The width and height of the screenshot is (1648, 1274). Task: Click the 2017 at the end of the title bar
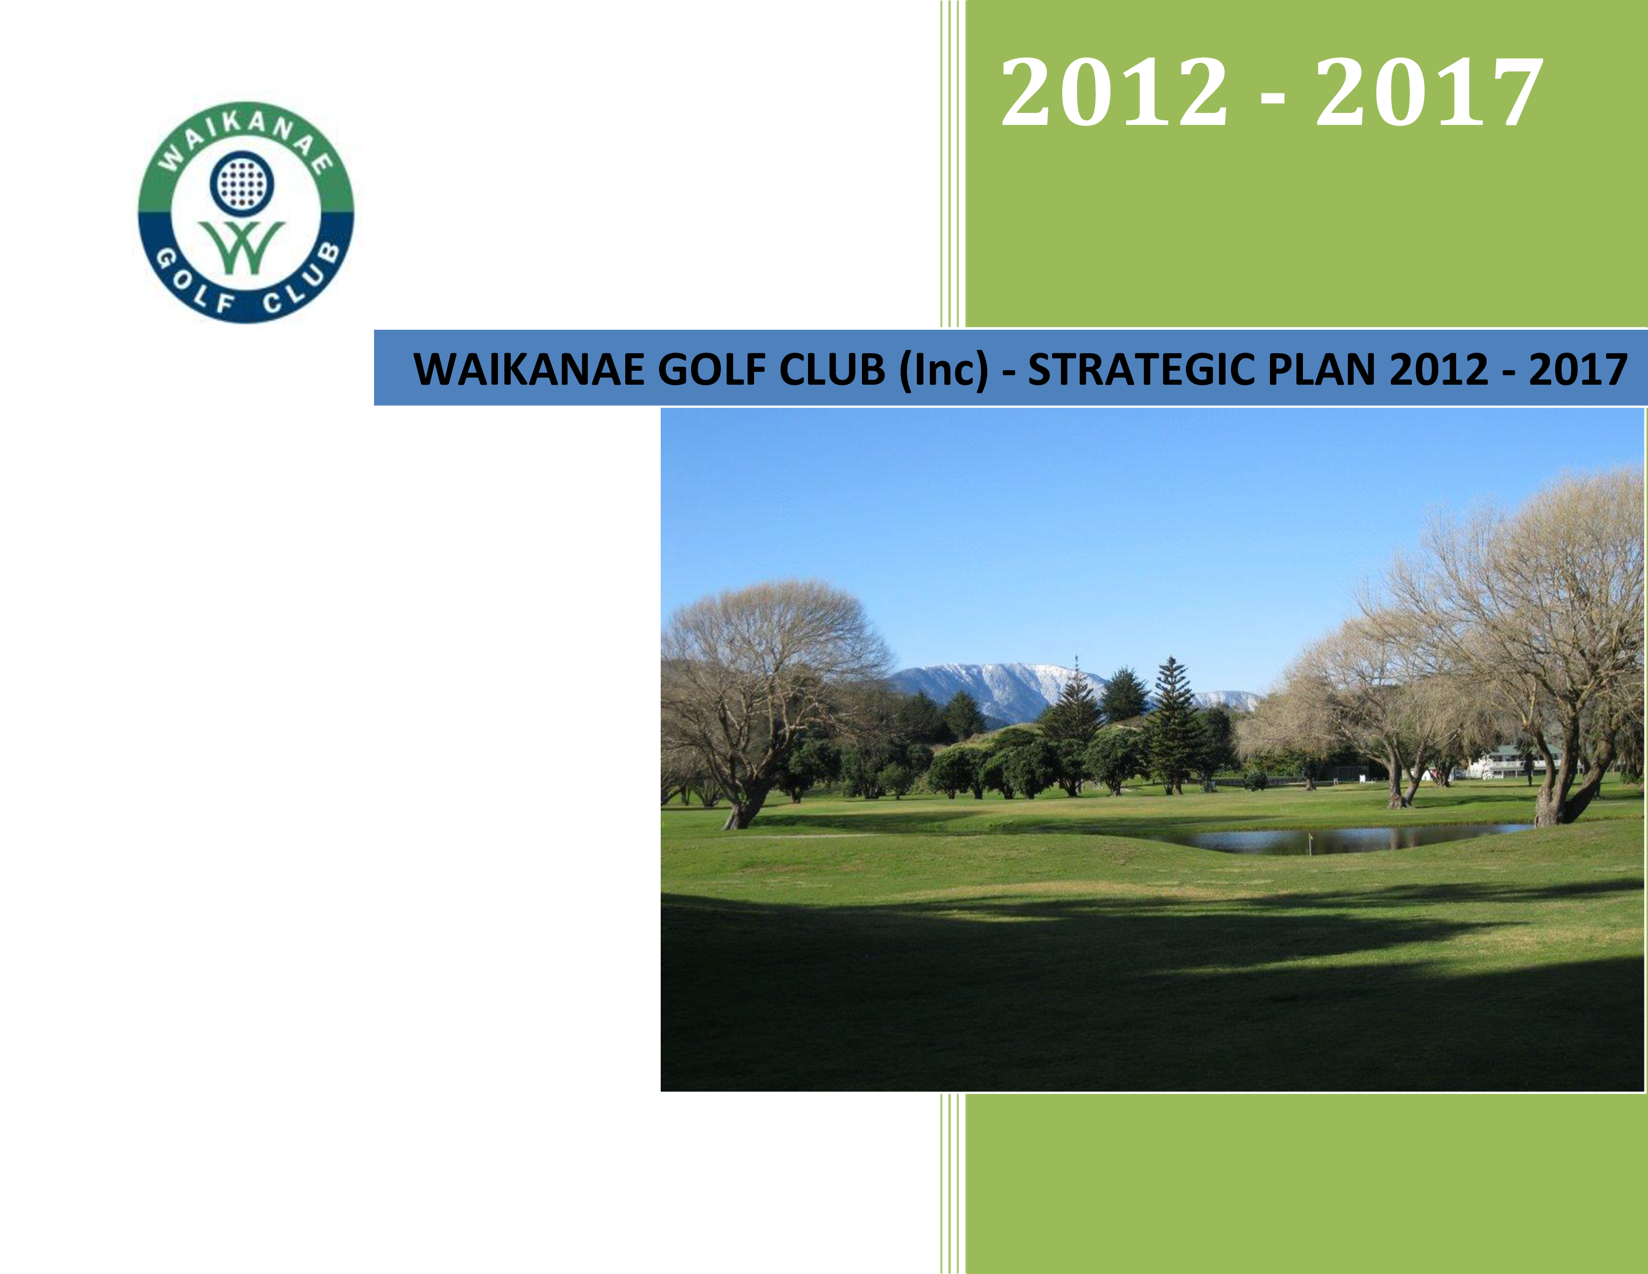(1578, 370)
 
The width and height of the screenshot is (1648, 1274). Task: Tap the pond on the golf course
(1328, 838)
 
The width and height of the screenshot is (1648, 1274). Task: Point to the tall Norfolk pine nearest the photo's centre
(1172, 724)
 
